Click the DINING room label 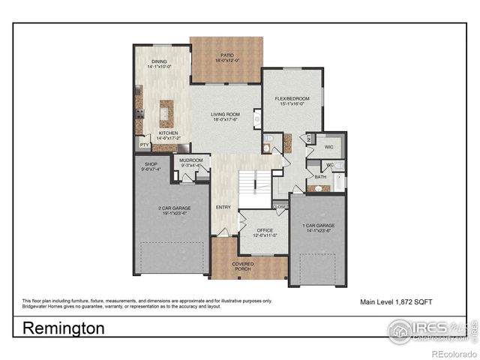[159, 61]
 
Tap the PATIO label [226, 57]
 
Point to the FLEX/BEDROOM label [292, 98]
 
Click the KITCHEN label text [168, 133]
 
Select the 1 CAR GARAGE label [318, 226]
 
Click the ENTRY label [223, 208]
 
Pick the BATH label [320, 177]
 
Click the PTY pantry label [144, 144]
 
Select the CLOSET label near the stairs [280, 206]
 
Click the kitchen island [166, 112]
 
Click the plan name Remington [64, 328]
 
